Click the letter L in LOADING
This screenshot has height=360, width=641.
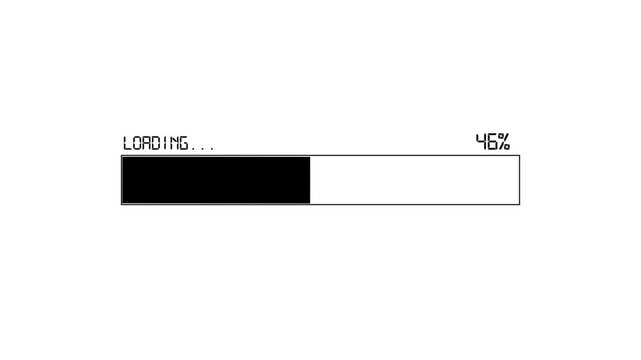click(127, 143)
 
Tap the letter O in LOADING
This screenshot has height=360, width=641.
click(138, 143)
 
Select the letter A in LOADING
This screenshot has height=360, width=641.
click(149, 143)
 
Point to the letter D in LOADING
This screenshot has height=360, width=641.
click(160, 143)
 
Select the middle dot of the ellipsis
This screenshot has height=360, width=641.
click(204, 148)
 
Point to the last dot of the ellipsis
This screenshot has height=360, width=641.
click(211, 148)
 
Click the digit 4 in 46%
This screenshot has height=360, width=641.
click(481, 142)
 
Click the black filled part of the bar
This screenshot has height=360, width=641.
click(215, 180)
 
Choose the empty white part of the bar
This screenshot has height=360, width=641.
click(414, 180)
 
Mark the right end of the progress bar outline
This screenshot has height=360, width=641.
click(519, 180)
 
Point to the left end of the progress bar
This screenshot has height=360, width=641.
click(122, 180)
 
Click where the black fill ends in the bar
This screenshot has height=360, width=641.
click(310, 180)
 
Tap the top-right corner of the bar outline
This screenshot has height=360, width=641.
click(519, 156)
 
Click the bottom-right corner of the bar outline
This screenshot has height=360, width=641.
click(519, 204)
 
